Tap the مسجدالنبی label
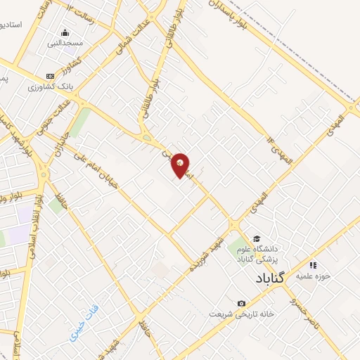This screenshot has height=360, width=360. [x=65, y=43]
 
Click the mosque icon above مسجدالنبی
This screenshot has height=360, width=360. [x=65, y=32]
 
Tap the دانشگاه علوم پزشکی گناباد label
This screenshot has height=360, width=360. [x=281, y=255]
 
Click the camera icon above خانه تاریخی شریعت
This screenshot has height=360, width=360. [x=241, y=303]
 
